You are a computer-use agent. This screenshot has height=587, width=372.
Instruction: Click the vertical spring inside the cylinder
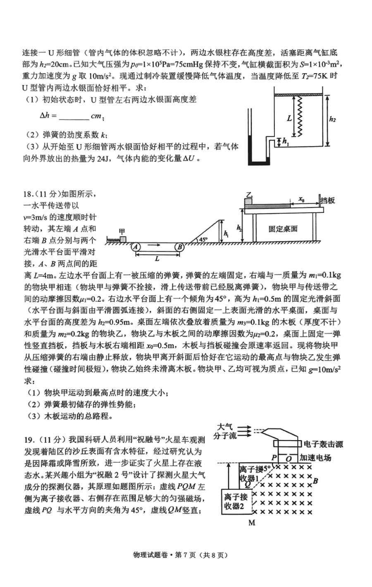[300, 117]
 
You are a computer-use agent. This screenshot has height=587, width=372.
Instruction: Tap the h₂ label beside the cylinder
[333, 119]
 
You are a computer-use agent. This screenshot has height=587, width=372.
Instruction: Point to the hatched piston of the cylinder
[298, 94]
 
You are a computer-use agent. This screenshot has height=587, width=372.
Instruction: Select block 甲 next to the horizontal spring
[123, 239]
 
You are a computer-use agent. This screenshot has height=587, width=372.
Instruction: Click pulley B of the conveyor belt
[180, 247]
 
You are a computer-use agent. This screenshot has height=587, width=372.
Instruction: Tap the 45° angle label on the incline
[203, 239]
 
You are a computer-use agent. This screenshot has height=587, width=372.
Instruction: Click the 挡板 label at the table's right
[328, 200]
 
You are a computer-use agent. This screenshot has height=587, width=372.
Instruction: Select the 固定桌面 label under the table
[283, 229]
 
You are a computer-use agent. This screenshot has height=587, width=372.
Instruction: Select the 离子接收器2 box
[236, 501]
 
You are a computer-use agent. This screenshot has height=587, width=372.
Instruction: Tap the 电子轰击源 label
[323, 444]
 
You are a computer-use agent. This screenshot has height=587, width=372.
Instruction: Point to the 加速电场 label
[315, 458]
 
